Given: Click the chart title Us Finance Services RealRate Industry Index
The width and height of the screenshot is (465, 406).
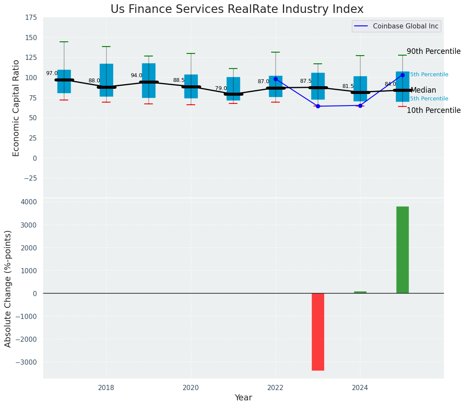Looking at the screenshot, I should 237,9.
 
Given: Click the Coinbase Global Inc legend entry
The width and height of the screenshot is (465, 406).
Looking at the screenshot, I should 397,26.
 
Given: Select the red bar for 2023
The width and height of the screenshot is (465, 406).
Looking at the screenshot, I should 318,331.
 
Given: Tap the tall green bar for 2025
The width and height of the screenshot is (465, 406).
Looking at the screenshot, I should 402,250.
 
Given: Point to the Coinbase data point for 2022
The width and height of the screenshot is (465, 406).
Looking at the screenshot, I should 275,79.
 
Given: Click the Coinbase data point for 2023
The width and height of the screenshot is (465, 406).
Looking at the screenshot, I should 318,106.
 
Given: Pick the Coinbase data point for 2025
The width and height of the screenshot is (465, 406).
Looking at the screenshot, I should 402,75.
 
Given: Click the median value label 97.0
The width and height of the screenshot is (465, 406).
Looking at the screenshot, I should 52,74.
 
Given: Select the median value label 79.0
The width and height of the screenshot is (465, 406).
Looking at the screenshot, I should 221,88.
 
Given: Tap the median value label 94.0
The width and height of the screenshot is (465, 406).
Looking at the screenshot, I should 136,76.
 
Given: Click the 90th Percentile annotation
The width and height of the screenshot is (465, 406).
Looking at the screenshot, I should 433,51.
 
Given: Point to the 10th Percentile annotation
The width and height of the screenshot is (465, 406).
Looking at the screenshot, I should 433,110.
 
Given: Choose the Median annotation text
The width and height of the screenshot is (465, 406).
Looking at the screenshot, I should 423,91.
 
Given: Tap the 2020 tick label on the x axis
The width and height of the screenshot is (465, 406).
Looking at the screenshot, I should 191,388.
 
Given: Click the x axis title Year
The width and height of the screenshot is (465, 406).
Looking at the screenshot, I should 243,398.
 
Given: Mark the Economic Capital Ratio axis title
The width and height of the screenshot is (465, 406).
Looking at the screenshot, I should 16,108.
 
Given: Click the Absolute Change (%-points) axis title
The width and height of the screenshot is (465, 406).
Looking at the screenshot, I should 8,288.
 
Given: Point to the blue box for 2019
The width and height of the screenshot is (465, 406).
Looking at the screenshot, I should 149,81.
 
